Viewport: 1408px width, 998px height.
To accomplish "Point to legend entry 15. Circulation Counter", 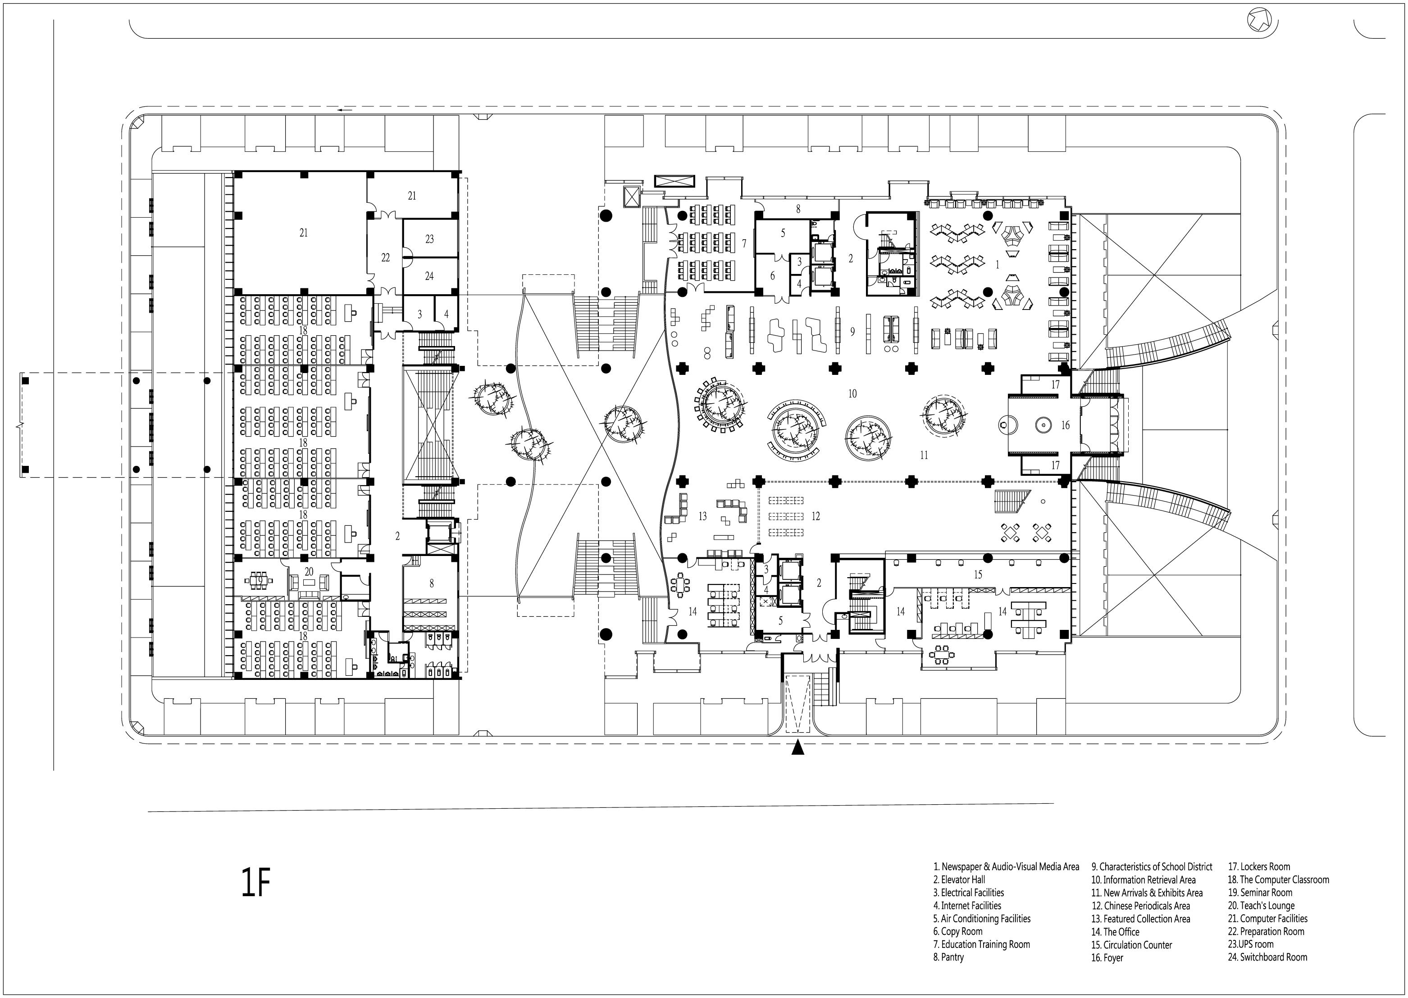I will [x=1131, y=944].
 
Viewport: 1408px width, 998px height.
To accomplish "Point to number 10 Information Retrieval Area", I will [x=852, y=394].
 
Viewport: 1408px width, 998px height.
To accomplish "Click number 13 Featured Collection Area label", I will [x=702, y=516].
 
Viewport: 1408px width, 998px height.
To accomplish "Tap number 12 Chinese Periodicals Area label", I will [x=816, y=516].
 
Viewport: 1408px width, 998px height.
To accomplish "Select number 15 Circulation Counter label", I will [x=978, y=574].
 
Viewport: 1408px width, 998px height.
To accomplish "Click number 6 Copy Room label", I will [x=773, y=276].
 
